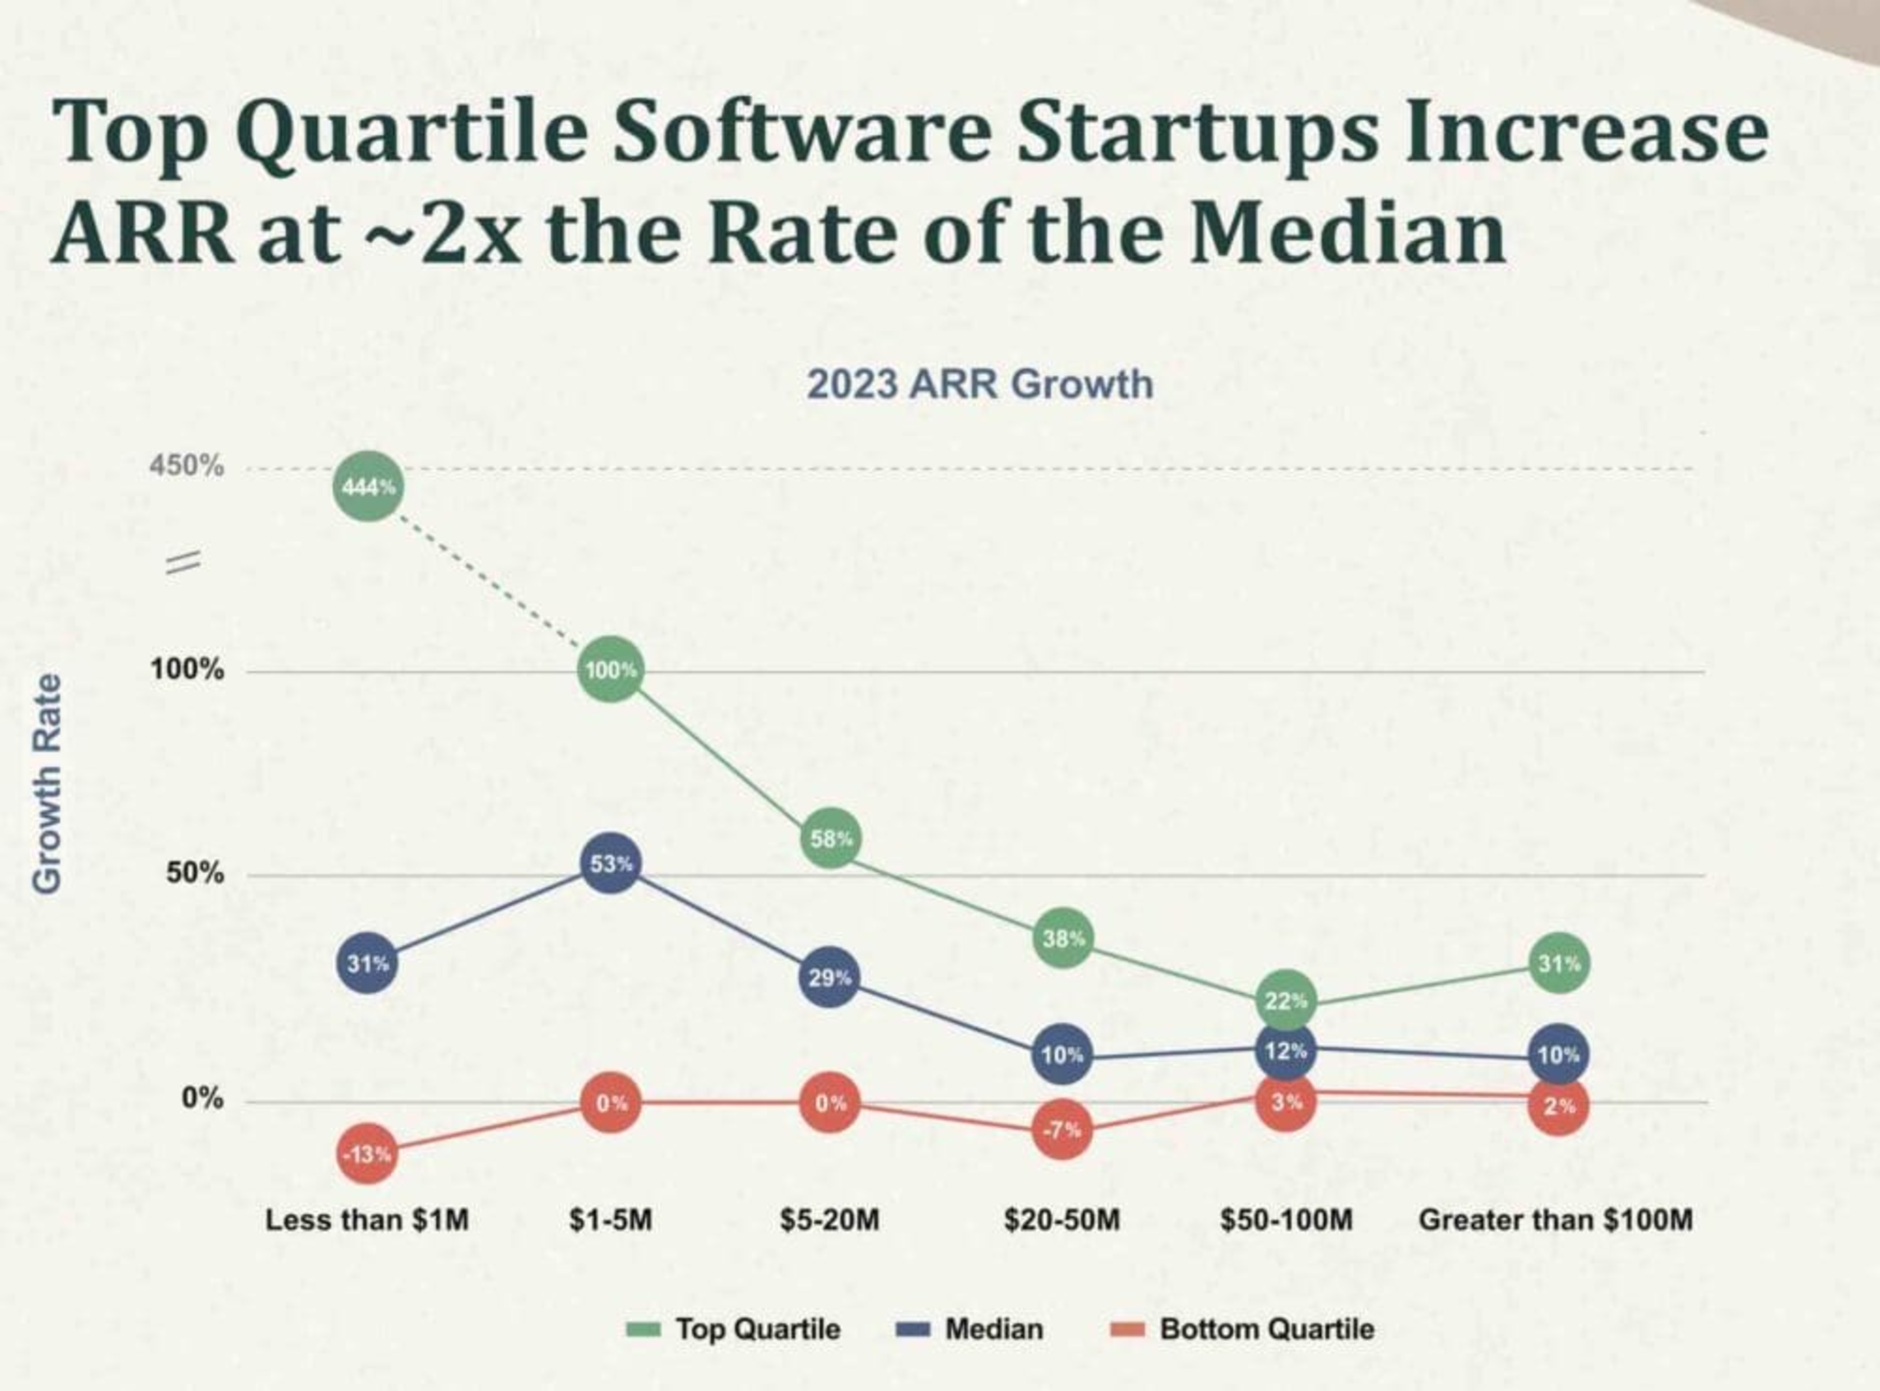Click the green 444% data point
tap(368, 486)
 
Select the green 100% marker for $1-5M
tap(612, 670)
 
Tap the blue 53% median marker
tap(612, 863)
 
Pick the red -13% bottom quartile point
tap(368, 1153)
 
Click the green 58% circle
tap(831, 839)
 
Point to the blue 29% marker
tap(830, 977)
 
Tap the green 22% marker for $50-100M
tap(1285, 1001)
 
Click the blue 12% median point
tap(1285, 1051)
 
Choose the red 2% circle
tap(1558, 1107)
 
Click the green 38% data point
tap(1064, 938)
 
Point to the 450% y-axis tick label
tap(187, 464)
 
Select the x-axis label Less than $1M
tap(368, 1220)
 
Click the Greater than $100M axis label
tap(1556, 1220)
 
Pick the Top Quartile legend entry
tap(734, 1329)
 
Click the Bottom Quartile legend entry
tap(1243, 1329)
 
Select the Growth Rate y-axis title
tap(47, 784)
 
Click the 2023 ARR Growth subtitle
tap(979, 385)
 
